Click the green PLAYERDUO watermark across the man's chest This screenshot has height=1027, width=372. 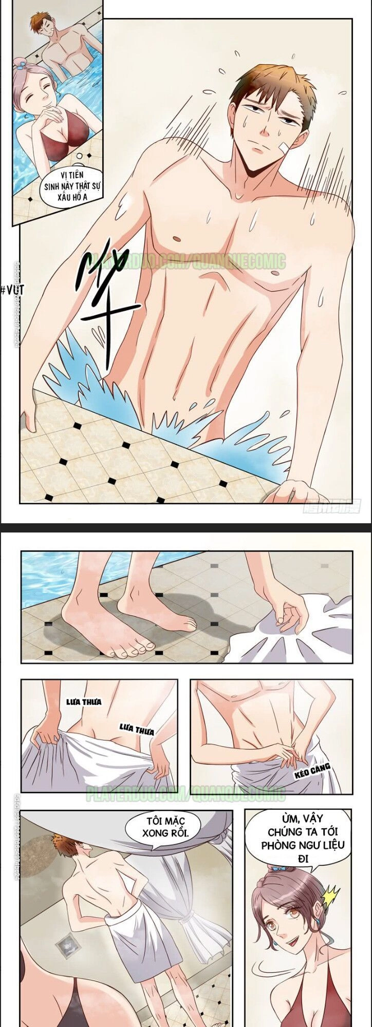[195, 262]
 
